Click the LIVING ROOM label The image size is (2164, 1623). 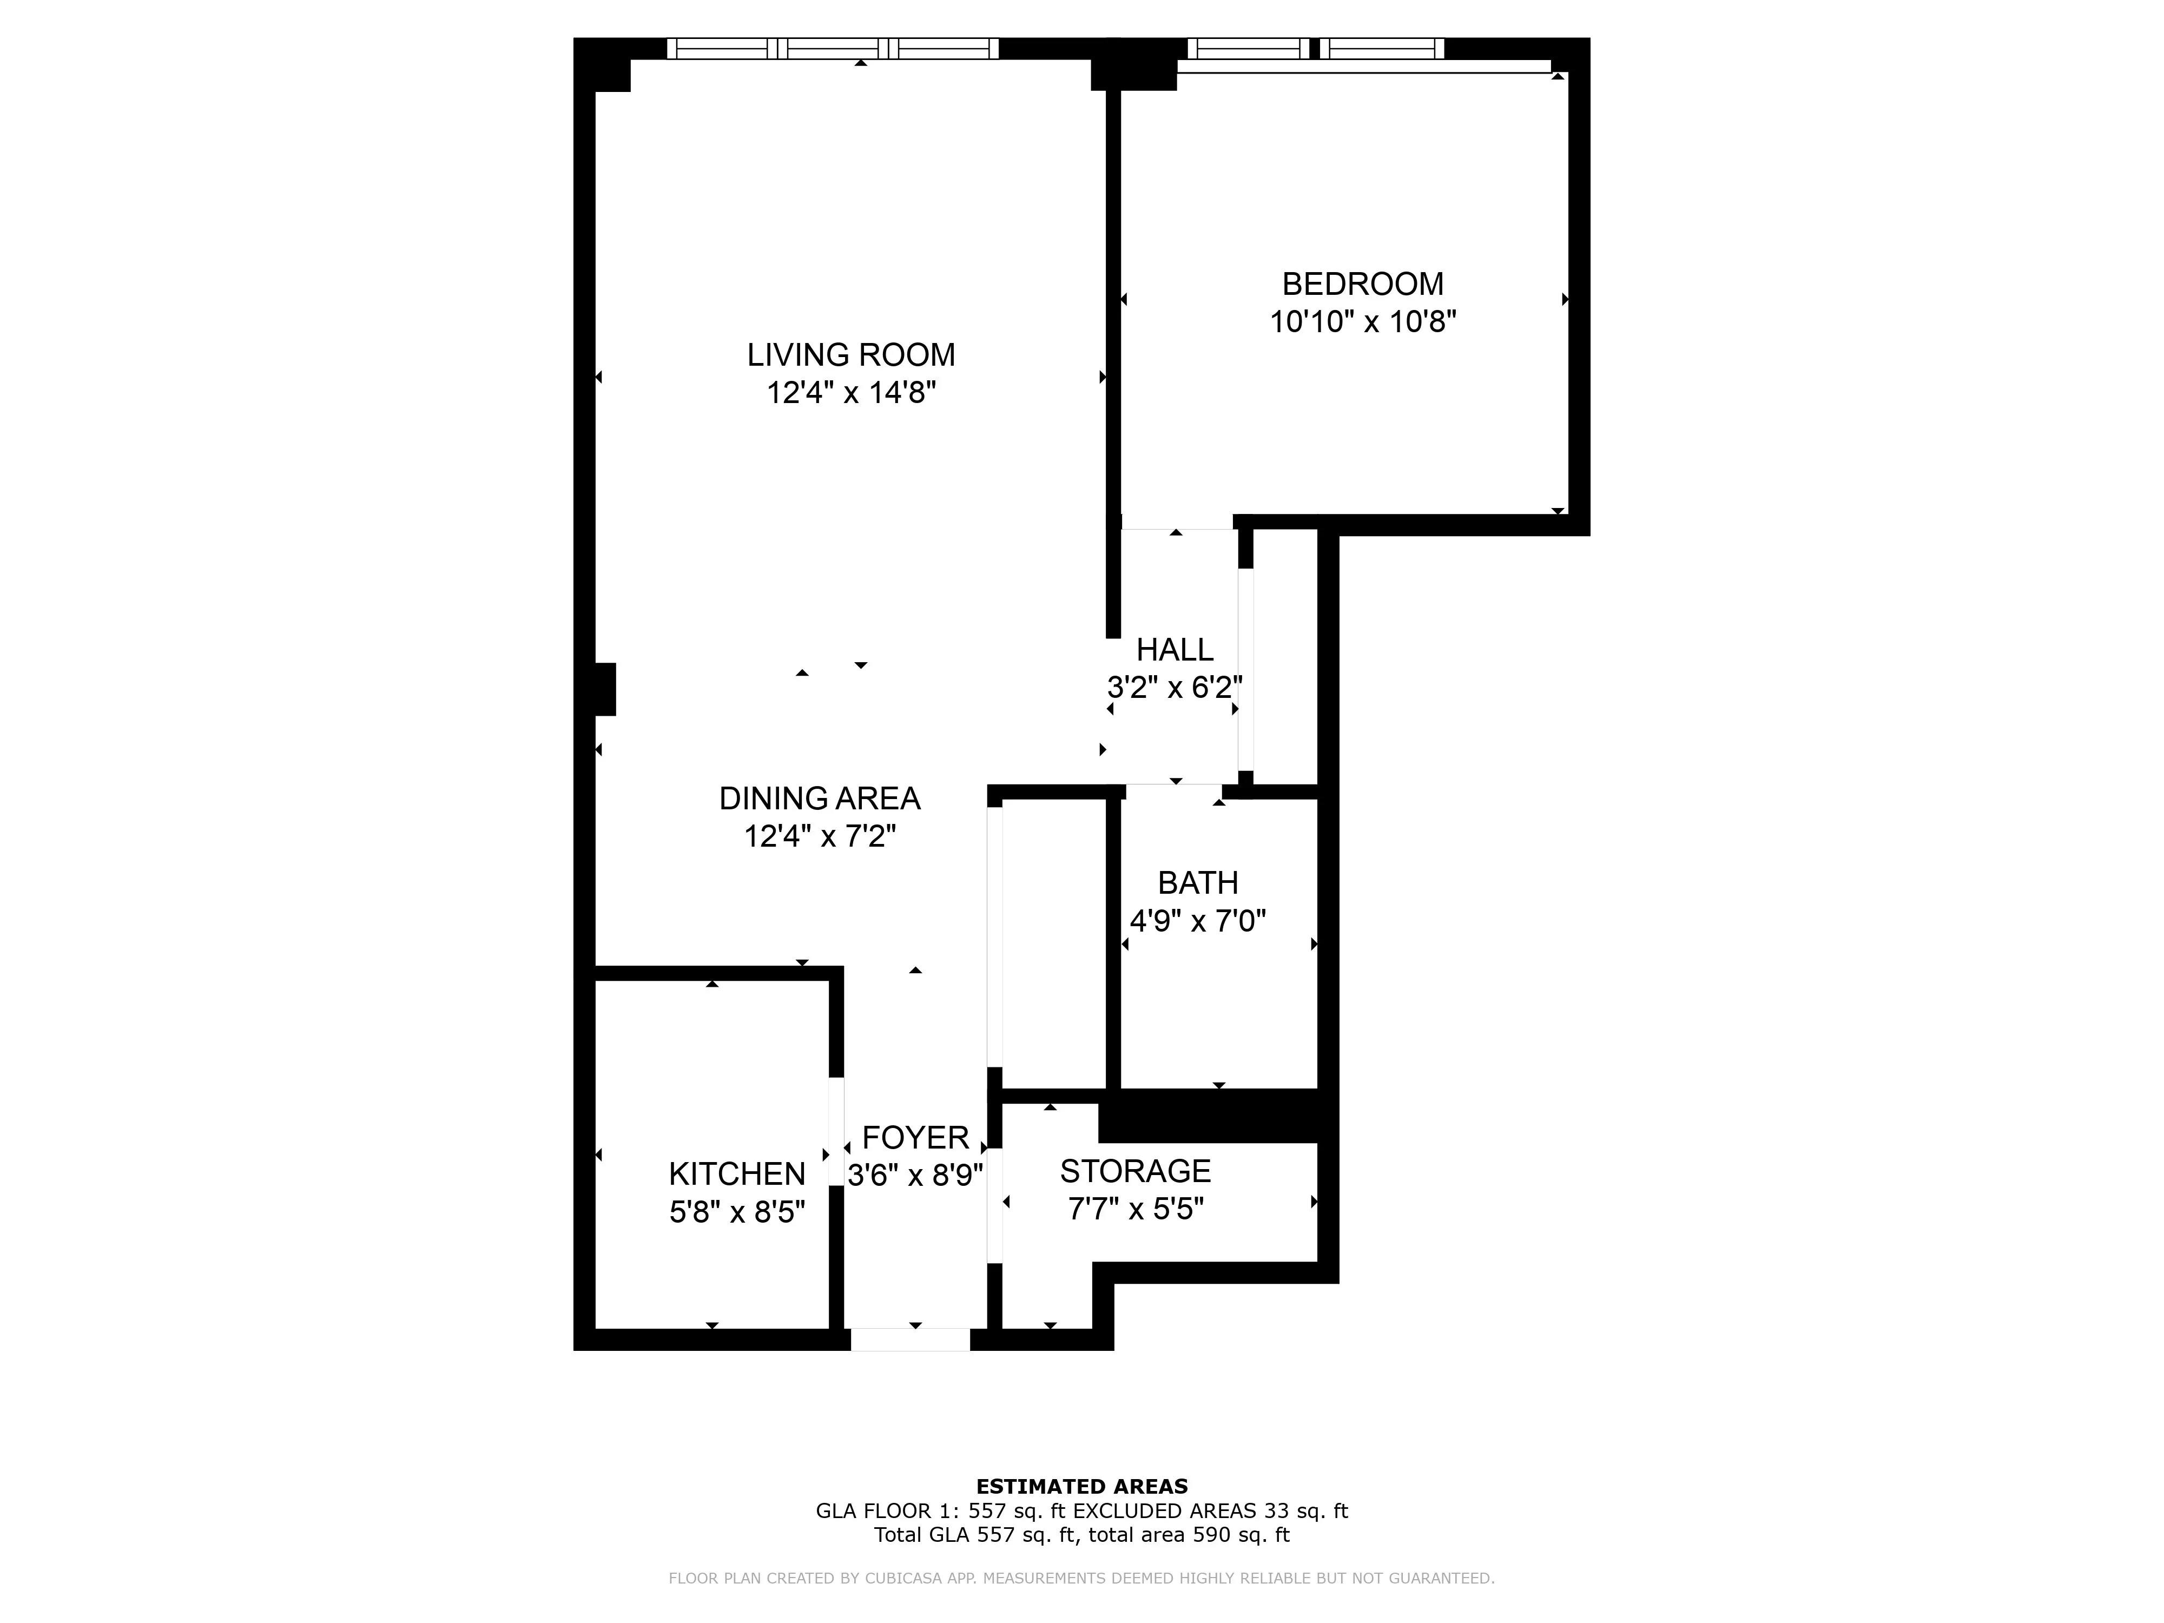tap(850, 355)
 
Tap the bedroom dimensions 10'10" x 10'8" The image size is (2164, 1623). tap(1363, 322)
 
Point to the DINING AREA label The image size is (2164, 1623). tap(819, 799)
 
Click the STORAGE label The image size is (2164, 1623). tap(1135, 1171)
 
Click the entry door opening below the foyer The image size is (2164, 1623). tap(910, 1340)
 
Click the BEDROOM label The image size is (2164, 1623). tap(1363, 283)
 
